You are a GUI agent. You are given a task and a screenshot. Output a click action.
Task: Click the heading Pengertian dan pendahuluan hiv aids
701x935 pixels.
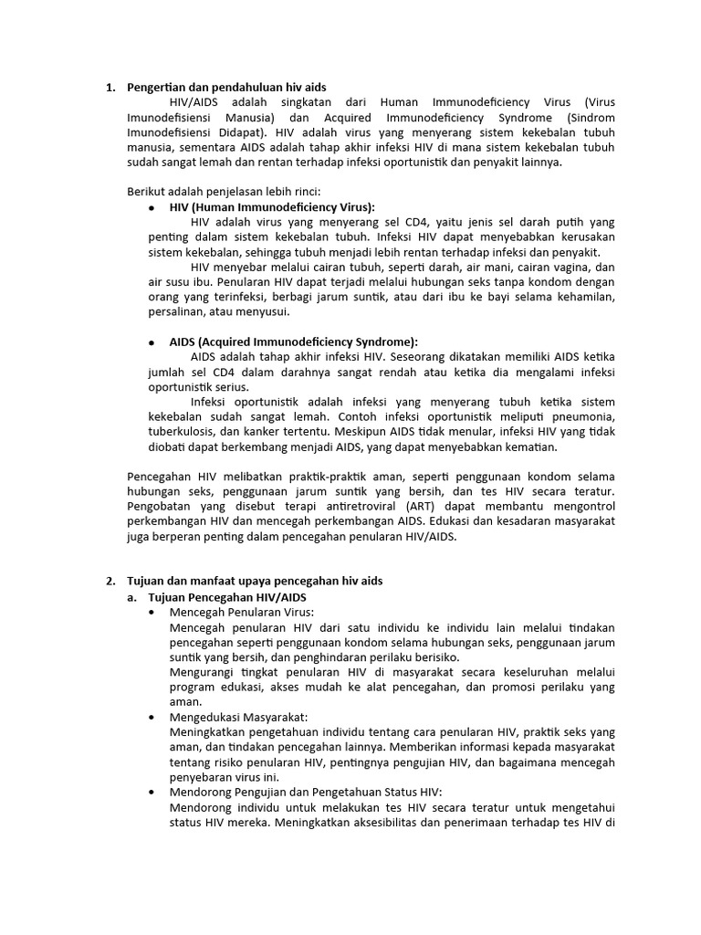coord(225,88)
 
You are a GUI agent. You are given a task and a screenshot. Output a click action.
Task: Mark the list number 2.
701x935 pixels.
coord(110,581)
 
